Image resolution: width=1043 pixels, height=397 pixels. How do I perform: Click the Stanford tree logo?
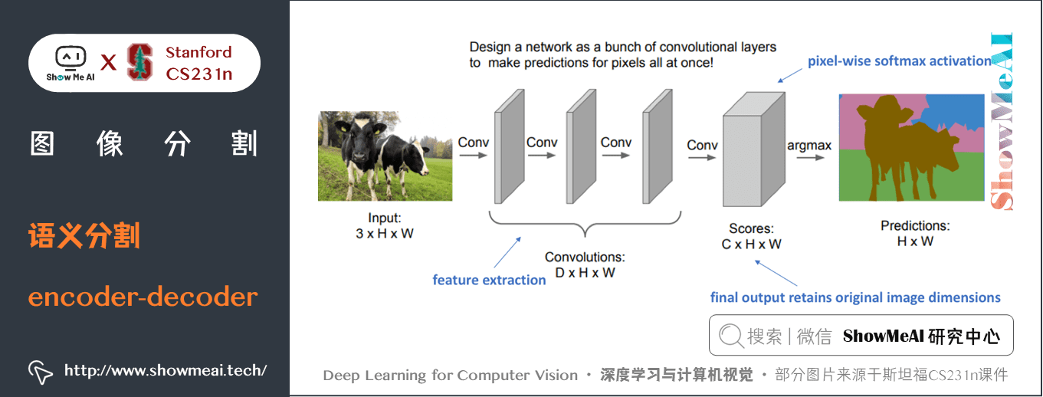[139, 62]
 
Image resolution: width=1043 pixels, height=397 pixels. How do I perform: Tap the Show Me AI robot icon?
[70, 58]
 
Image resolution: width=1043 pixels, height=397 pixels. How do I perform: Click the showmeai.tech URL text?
[166, 371]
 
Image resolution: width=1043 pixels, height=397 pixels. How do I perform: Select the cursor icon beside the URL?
[40, 372]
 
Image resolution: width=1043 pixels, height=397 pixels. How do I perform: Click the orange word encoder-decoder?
[143, 297]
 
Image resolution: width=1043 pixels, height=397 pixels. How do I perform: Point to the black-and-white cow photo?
[385, 156]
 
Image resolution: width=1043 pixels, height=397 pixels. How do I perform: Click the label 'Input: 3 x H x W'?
[384, 225]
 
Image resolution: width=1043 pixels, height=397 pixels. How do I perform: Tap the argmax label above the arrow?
[810, 145]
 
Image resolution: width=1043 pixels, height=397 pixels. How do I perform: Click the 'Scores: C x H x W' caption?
[751, 236]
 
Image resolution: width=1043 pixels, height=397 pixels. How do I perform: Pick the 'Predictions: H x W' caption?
[915, 233]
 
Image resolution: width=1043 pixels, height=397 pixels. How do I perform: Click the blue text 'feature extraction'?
[489, 280]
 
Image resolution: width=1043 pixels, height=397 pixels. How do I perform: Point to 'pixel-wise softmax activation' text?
[899, 61]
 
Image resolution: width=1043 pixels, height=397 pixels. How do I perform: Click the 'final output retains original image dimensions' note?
[855, 297]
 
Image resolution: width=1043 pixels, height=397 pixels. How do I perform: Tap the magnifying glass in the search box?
[731, 336]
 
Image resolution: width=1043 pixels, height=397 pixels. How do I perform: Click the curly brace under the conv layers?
[585, 224]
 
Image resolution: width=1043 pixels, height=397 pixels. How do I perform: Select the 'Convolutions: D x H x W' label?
[585, 264]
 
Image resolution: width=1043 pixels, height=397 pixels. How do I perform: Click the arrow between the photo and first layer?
[472, 156]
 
